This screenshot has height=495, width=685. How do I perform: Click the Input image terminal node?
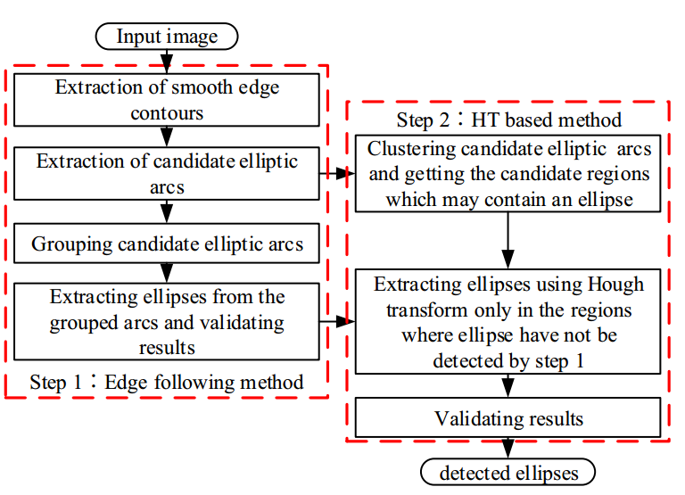[x=166, y=37]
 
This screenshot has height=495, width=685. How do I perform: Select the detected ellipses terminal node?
[x=508, y=472]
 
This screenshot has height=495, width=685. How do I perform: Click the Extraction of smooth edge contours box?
[x=167, y=100]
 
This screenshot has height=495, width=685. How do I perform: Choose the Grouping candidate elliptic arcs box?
[x=167, y=243]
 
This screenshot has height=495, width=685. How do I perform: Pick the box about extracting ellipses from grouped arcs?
[x=167, y=321]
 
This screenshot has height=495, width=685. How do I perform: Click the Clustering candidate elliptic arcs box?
[x=508, y=173]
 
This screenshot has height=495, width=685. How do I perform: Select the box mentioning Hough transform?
[x=508, y=322]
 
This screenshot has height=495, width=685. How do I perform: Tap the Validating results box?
[x=508, y=417]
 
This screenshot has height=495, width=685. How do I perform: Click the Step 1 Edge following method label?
[x=167, y=382]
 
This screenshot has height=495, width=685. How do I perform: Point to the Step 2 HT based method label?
[x=508, y=119]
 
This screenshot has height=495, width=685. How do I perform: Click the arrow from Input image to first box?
[x=166, y=61]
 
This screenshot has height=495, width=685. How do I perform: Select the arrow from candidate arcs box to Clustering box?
[x=336, y=174]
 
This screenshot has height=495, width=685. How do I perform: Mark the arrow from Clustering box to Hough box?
[x=508, y=239]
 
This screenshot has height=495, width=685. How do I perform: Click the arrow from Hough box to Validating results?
[x=508, y=385]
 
